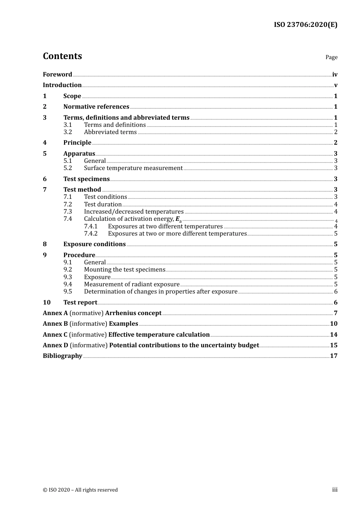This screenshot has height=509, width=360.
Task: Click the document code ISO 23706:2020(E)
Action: pos(305,25)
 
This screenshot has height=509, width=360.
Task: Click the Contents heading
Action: pos(63,56)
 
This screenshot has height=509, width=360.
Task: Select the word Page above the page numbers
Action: pos(331,57)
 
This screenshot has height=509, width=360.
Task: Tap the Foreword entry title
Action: pos(57,75)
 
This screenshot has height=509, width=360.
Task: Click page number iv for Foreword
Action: pos(335,75)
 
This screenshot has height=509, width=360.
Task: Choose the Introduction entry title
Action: pos(62,85)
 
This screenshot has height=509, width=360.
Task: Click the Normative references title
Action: pos(96,107)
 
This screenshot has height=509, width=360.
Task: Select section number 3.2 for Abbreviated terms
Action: pos(68,132)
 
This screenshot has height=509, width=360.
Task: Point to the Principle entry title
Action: pos(77,143)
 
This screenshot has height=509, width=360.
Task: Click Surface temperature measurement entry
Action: pos(133,168)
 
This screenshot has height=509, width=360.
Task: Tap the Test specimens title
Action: pos(86,179)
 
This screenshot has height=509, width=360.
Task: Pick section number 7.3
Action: pos(68,212)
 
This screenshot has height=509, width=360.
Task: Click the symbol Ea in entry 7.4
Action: pos(178,219)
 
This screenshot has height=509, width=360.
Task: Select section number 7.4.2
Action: pos(91,234)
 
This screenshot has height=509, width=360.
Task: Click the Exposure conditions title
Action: pos(94,244)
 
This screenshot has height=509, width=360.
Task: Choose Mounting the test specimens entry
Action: pos(125,270)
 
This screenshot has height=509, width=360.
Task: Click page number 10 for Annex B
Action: pos(333,324)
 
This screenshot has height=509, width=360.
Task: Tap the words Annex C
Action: pos(55,335)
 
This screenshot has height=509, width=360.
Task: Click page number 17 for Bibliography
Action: pos(333,356)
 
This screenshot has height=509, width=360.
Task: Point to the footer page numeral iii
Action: pos(335,490)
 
